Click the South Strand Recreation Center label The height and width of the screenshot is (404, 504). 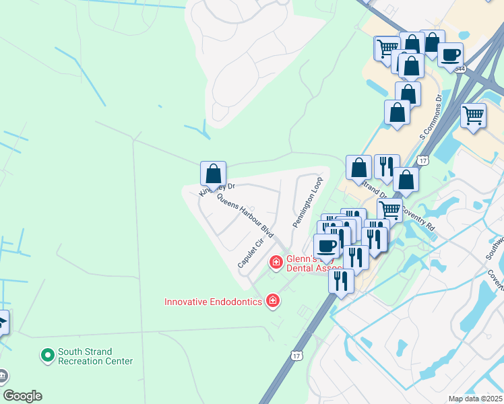click(95, 356)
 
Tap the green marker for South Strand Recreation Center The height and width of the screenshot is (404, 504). click(47, 354)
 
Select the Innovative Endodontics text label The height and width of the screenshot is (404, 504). click(213, 302)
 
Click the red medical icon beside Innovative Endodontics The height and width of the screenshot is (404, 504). click(273, 300)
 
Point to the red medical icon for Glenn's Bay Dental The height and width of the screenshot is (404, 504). click(276, 262)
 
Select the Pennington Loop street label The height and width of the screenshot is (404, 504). click(307, 202)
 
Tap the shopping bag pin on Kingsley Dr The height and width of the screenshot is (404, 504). click(213, 174)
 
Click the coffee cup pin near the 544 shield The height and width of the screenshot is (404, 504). click(450, 55)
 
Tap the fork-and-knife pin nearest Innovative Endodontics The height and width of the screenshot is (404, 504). click(342, 280)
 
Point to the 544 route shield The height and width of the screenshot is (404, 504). click(460, 69)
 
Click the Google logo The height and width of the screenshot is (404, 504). click(23, 396)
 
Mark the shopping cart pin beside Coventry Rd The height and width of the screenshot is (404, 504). click(389, 209)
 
